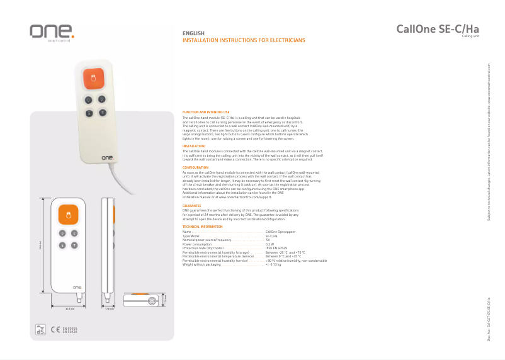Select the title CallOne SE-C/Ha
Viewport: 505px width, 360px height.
[438, 29]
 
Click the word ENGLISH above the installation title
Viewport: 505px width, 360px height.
[193, 33]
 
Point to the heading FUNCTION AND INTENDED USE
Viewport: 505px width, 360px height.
[205, 112]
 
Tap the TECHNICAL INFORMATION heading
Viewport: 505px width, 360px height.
[202, 226]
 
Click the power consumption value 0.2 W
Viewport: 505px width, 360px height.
[270, 244]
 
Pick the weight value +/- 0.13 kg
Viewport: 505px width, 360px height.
[273, 264]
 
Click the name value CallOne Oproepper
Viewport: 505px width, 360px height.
[280, 232]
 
